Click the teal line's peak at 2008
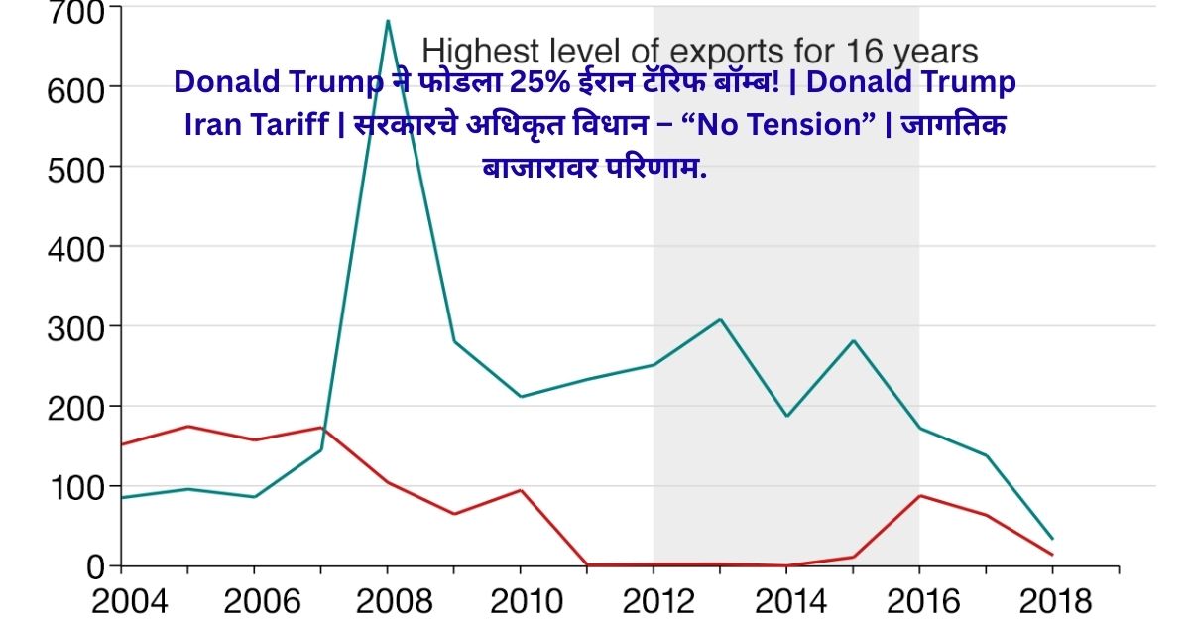(387, 21)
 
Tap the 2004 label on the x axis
(121, 601)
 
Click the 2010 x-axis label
(520, 601)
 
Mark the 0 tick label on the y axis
(95, 567)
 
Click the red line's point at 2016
(918, 495)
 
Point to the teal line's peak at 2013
(720, 319)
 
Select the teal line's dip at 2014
(786, 416)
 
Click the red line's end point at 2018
(1051, 555)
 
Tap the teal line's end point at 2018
(1051, 539)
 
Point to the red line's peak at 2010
(520, 490)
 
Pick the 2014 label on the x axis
(786, 601)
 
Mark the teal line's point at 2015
(853, 340)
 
